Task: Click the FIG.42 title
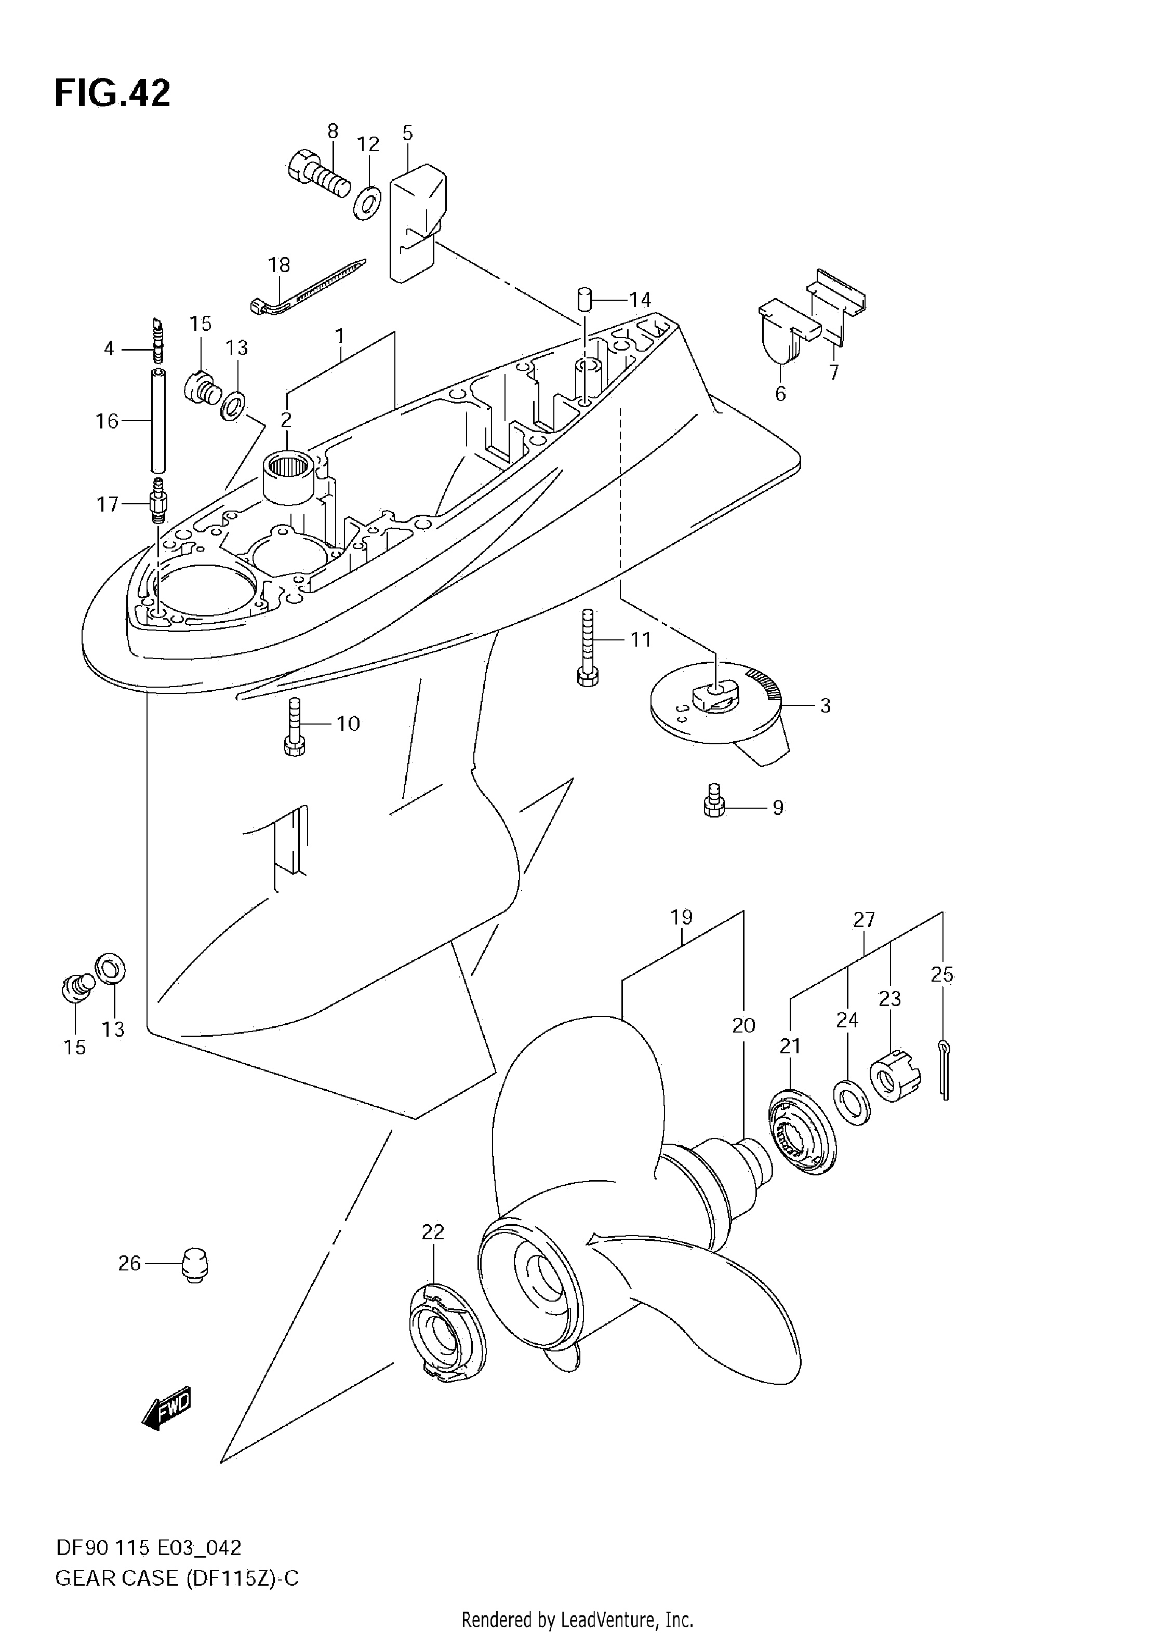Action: [x=112, y=93]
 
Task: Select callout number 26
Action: [x=129, y=1264]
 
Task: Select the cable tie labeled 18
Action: [x=308, y=286]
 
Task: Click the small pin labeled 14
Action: [x=585, y=298]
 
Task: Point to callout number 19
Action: [x=681, y=917]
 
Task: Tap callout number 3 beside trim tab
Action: [x=825, y=706]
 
